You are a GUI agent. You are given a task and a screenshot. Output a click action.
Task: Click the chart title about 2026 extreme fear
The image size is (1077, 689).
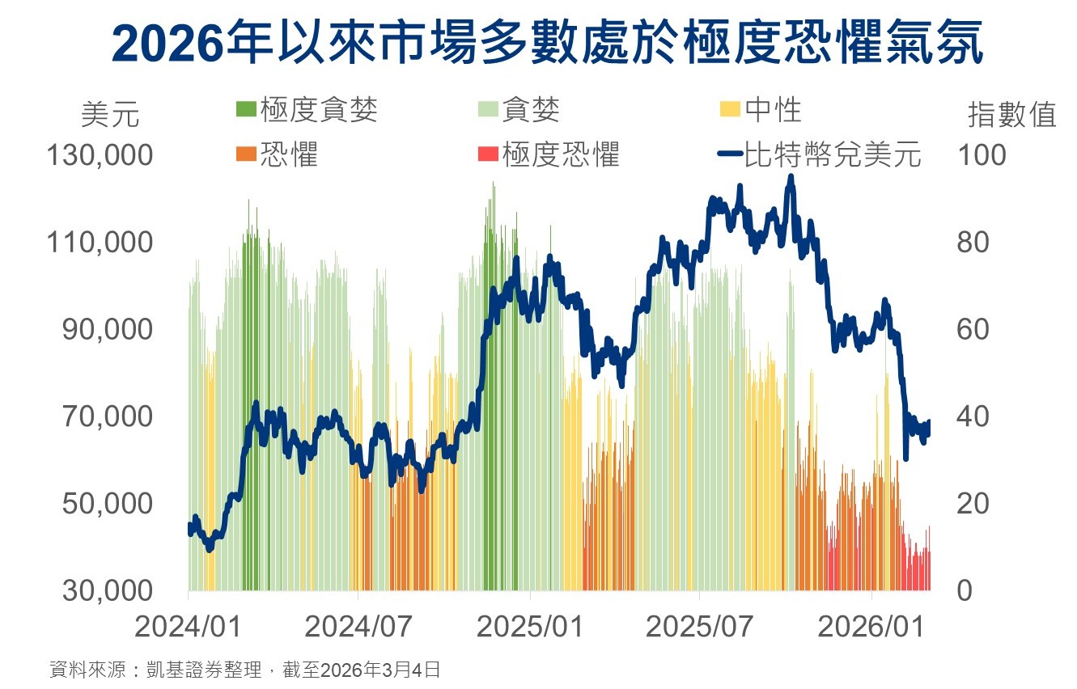[547, 42]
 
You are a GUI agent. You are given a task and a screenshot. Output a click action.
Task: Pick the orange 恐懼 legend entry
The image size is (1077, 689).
[278, 154]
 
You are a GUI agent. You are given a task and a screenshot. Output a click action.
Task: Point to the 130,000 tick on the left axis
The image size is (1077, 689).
[100, 154]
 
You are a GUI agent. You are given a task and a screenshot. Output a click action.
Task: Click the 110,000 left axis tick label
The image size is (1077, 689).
[100, 242]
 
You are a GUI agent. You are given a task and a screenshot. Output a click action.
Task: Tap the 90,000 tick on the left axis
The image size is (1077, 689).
[108, 329]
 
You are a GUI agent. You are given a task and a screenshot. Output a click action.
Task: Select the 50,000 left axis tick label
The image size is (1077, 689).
[108, 504]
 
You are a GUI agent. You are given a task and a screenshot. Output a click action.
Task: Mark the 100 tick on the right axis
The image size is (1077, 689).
[982, 154]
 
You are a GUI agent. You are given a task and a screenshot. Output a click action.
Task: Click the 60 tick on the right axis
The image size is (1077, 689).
[973, 329]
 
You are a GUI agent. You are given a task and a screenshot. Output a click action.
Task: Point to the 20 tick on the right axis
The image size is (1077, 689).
[973, 504]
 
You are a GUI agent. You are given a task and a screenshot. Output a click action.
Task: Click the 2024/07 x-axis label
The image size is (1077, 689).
[358, 627]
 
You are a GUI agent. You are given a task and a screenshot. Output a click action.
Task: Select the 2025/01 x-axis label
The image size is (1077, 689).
[529, 627]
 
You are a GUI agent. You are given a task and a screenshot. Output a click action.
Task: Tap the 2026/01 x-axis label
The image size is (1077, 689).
[871, 627]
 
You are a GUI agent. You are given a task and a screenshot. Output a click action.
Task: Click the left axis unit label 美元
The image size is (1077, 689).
[110, 116]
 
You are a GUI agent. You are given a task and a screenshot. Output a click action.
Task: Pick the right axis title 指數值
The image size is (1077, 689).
[1012, 116]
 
